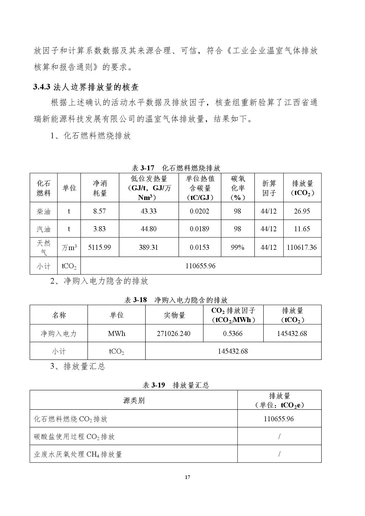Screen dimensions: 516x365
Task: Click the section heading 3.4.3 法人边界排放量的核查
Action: point(86,87)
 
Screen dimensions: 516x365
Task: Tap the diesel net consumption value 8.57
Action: point(99,211)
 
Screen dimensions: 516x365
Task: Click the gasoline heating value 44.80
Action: point(149,229)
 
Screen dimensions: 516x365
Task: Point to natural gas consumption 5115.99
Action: point(99,247)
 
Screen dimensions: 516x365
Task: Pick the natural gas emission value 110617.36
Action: point(302,247)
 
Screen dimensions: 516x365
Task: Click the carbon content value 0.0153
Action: point(200,247)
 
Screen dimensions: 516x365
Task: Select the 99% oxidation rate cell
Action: point(238,247)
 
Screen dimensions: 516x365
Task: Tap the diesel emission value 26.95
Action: point(302,211)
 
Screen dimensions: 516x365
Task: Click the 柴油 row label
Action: point(44,211)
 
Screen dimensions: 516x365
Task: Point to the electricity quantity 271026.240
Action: point(174,334)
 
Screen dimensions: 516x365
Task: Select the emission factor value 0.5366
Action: point(233,334)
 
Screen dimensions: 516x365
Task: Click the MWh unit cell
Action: point(117,334)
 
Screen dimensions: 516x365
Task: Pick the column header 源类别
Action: point(134,400)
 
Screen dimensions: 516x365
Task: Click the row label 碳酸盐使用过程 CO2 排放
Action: point(74,437)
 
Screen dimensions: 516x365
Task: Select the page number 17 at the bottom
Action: point(188,477)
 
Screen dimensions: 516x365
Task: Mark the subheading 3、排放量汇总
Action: point(78,367)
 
